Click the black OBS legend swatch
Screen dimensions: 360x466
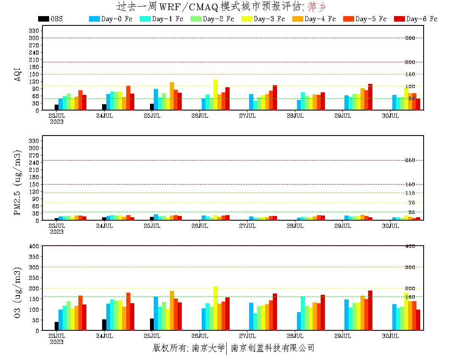point(43,19)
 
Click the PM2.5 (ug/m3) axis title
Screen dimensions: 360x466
point(17,182)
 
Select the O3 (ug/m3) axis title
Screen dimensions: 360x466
point(17,292)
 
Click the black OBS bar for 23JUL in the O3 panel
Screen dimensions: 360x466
point(57,326)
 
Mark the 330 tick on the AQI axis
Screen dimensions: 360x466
point(34,30)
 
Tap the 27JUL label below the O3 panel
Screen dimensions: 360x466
point(247,336)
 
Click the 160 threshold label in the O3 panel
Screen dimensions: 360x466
point(410,297)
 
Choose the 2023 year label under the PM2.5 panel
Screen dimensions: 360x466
point(57,232)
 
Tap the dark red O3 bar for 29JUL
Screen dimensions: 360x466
point(370,310)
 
